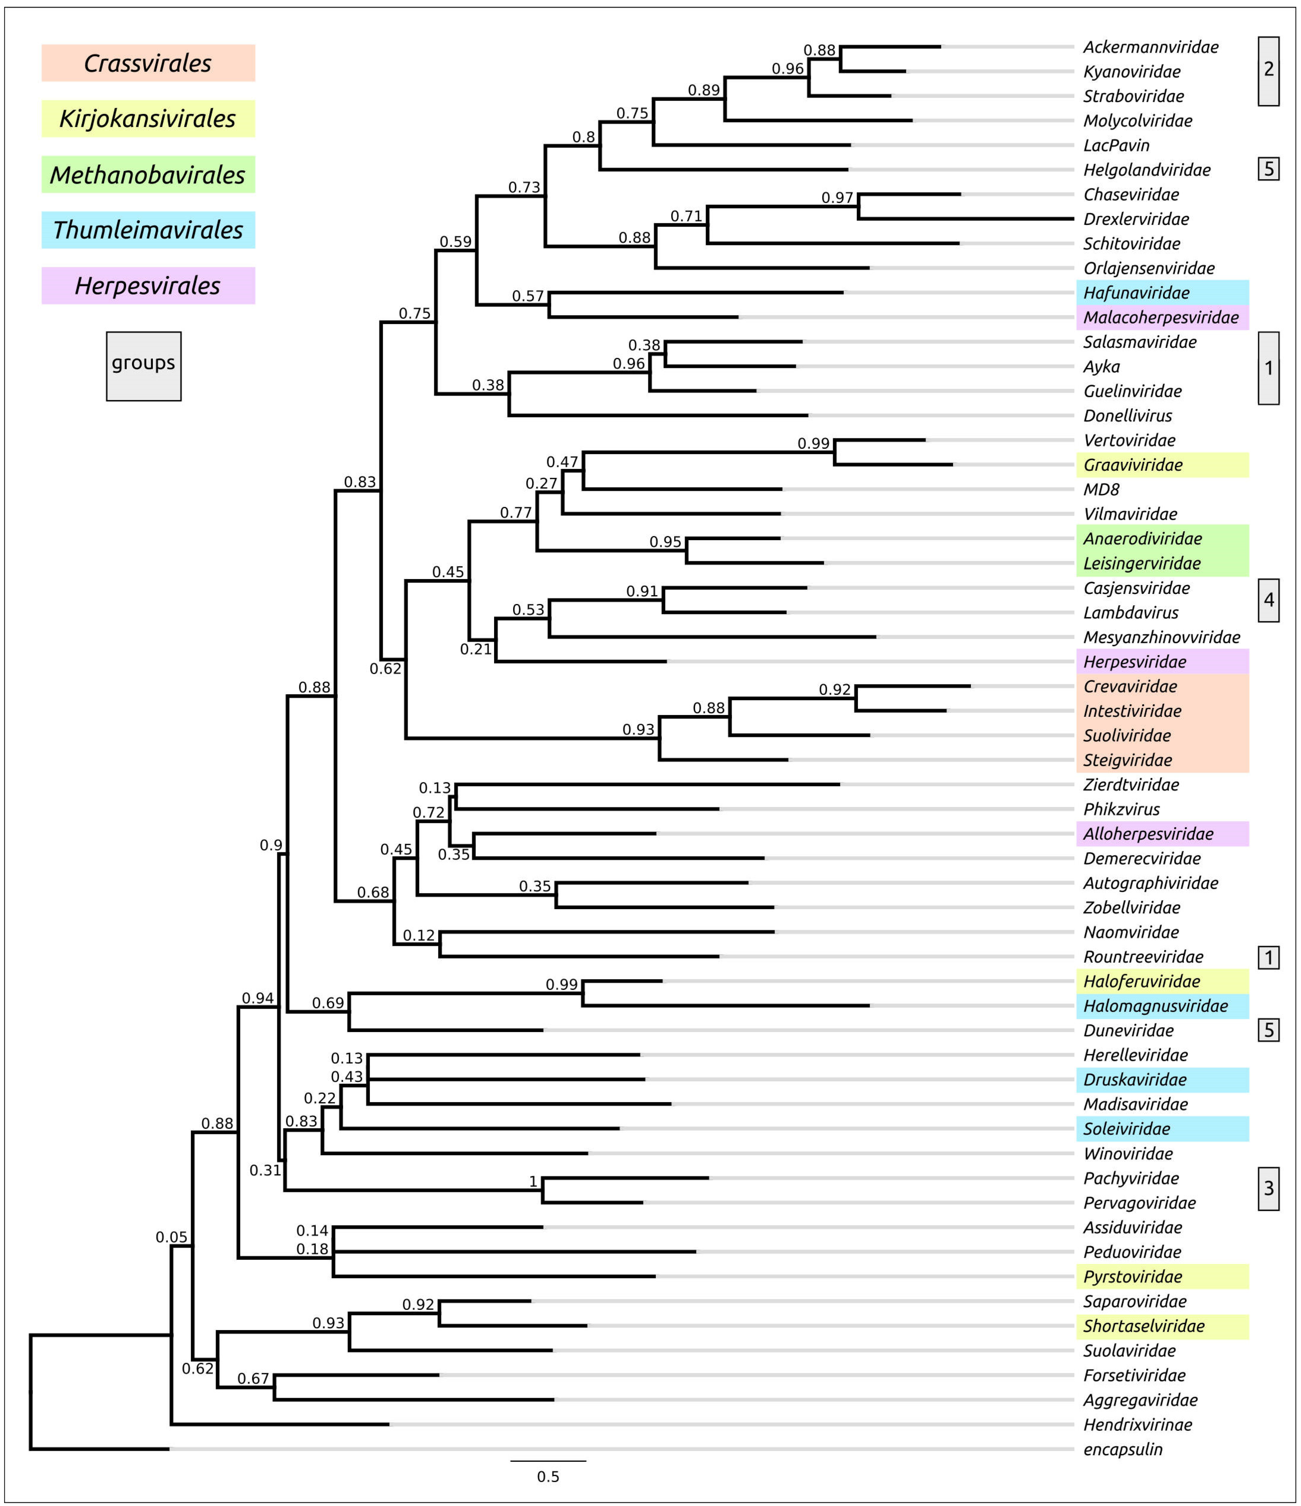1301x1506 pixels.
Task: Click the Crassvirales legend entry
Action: click(x=147, y=63)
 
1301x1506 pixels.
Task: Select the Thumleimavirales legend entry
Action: click(x=147, y=230)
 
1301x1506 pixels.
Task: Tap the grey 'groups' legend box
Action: click(x=143, y=366)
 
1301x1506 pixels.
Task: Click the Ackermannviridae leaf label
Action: click(x=1151, y=47)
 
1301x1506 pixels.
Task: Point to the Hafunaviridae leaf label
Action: click(x=1136, y=293)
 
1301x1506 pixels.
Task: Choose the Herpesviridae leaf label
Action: click(x=1135, y=661)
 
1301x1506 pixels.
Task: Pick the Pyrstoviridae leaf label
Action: click(x=1132, y=1276)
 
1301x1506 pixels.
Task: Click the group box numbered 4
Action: click(x=1268, y=600)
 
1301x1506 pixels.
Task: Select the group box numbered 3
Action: click(x=1268, y=1188)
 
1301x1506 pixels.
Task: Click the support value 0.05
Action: click(x=172, y=1237)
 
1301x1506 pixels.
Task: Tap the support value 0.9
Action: click(x=271, y=845)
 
